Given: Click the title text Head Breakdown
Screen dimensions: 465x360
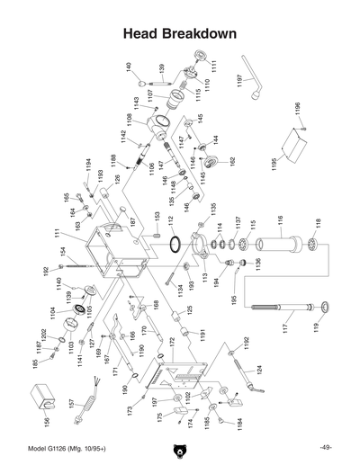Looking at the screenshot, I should tap(179, 33).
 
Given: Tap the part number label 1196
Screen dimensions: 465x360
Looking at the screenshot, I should tap(297, 110).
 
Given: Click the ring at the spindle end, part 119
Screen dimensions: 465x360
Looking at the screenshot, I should tap(317, 311).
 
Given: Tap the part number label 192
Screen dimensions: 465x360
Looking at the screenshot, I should tap(46, 271).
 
